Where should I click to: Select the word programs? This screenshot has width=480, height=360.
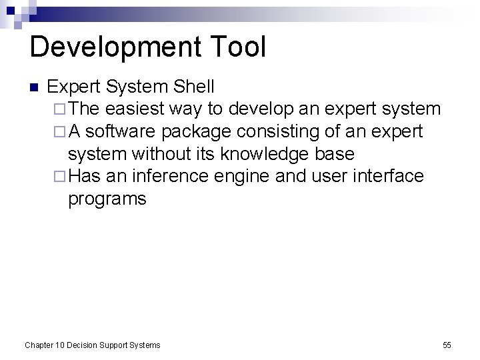click(107, 199)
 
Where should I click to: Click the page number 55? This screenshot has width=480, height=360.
click(447, 345)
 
